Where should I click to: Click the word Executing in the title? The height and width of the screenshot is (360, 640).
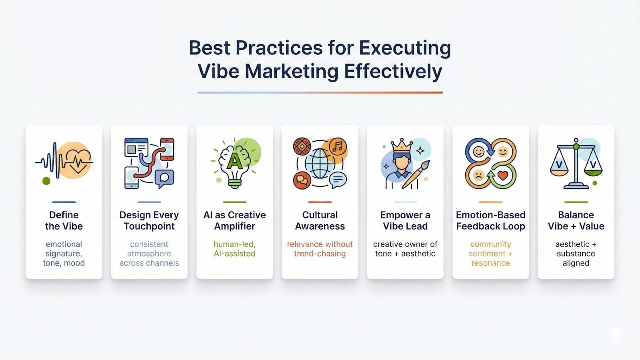pyautogui.click(x=405, y=48)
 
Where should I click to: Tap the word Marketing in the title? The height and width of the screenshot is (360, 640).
pyautogui.click(x=292, y=71)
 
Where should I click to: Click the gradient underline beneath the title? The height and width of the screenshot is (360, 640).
pyautogui.click(x=320, y=92)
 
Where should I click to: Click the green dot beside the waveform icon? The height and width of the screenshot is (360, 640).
pyautogui.click(x=46, y=180)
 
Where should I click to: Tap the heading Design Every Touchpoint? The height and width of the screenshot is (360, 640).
pyautogui.click(x=149, y=220)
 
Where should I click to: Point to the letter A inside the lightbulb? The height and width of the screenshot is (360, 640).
pyautogui.click(x=234, y=162)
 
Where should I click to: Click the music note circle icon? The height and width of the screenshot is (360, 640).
pyautogui.click(x=338, y=147)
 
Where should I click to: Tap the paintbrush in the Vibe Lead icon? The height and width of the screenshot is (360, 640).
pyautogui.click(x=416, y=174)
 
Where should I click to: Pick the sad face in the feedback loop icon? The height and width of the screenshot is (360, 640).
pyautogui.click(x=478, y=175)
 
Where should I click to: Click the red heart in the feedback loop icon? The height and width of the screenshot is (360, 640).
pyautogui.click(x=503, y=175)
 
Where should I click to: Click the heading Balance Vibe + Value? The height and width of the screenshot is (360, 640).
pyautogui.click(x=576, y=220)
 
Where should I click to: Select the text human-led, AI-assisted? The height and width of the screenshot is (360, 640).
pyautogui.click(x=234, y=249)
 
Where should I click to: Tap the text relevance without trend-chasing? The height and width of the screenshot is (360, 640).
pyautogui.click(x=320, y=249)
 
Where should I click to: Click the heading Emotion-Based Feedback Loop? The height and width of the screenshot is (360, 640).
pyautogui.click(x=490, y=220)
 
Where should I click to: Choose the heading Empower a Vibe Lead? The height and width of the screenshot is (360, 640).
pyautogui.click(x=405, y=220)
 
